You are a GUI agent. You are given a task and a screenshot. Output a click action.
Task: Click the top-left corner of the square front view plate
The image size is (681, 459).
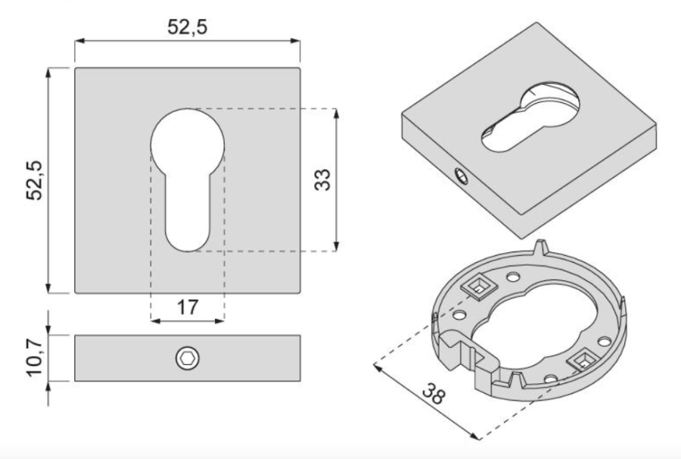(x=75, y=68)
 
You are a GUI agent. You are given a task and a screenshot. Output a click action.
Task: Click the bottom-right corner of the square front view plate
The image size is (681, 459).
(x=300, y=293)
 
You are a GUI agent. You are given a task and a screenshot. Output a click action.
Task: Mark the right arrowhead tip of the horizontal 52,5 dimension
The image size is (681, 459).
(x=300, y=41)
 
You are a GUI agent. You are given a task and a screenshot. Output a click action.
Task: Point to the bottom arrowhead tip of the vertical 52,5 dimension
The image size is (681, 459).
(x=48, y=293)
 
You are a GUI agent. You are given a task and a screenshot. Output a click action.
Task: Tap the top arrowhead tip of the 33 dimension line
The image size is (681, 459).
(x=336, y=108)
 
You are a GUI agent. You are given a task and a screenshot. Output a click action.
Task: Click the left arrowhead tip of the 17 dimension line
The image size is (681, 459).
(x=151, y=321)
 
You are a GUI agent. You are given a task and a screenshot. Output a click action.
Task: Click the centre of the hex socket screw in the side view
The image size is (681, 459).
(x=188, y=358)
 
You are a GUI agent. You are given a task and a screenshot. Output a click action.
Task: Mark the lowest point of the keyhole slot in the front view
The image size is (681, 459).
(x=188, y=251)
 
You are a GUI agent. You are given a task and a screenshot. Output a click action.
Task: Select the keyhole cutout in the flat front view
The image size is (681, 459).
(x=188, y=180)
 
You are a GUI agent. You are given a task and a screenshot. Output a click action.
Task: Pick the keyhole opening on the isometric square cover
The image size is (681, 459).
(x=530, y=117)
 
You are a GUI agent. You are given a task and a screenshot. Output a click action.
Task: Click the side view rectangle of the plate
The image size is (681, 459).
(x=188, y=358)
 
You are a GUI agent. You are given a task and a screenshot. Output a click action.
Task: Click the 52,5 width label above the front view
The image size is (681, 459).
(x=188, y=27)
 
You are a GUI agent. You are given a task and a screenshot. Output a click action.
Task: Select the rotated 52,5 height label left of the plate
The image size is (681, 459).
(x=34, y=180)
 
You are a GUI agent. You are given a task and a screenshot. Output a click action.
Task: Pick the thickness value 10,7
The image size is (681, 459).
(x=34, y=358)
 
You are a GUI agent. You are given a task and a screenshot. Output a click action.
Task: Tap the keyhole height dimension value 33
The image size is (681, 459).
(x=322, y=180)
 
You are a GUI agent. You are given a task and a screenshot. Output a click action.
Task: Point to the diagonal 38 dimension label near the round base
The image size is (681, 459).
(x=434, y=394)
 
